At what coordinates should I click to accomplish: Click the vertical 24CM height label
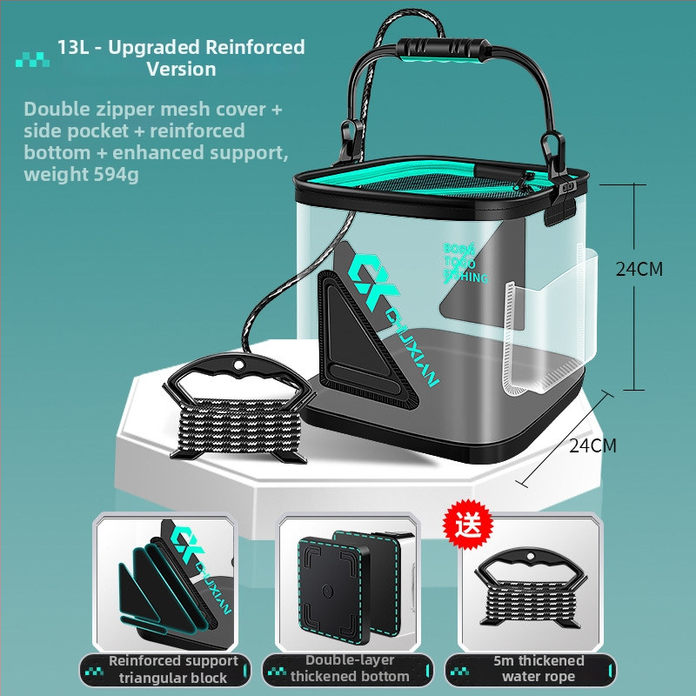[639, 269]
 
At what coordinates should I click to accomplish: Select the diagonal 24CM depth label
[592, 445]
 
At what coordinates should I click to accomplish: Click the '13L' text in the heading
[73, 47]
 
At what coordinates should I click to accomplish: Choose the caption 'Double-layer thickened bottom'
[349, 669]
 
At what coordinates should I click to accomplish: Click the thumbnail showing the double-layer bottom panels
[348, 582]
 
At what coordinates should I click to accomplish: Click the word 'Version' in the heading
[181, 69]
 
